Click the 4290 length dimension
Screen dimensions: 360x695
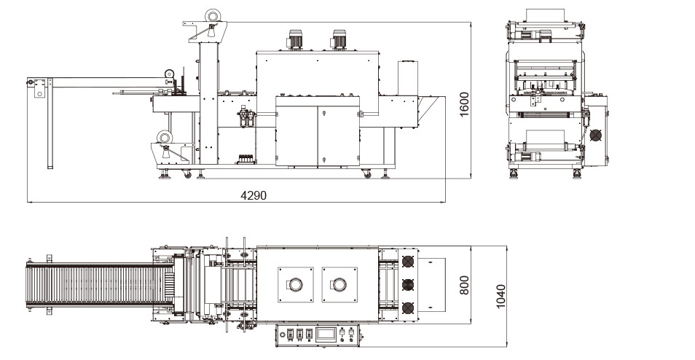[254, 195]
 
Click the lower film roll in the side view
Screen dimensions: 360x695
[165, 136]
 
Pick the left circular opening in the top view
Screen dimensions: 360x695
[295, 283]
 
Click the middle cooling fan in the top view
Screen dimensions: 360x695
[407, 283]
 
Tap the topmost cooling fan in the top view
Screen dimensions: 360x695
[407, 260]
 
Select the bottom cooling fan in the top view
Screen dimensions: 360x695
[407, 308]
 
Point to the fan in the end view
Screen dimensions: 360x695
[596, 136]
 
